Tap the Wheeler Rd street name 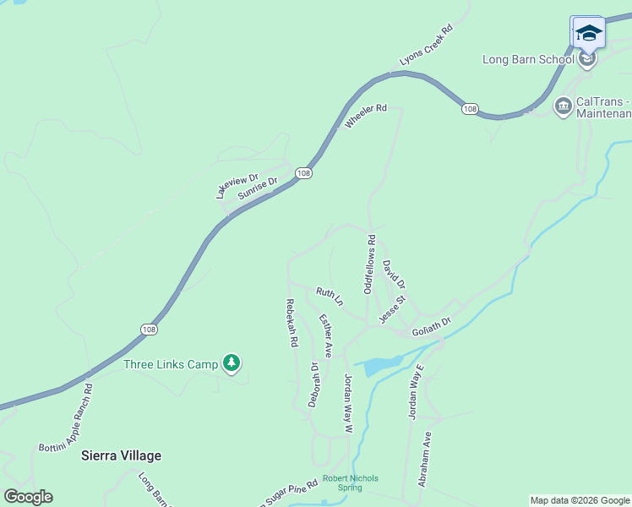(365, 116)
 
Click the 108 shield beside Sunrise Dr (304, 172)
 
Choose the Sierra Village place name (121, 455)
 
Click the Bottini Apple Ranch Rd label (65, 417)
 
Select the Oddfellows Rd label (369, 264)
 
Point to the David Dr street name (394, 273)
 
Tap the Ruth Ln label (330, 296)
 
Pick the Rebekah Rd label (291, 324)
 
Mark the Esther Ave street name (325, 335)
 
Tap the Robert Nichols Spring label (351, 482)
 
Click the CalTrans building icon (563, 106)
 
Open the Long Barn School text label (528, 60)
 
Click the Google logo (28, 497)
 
